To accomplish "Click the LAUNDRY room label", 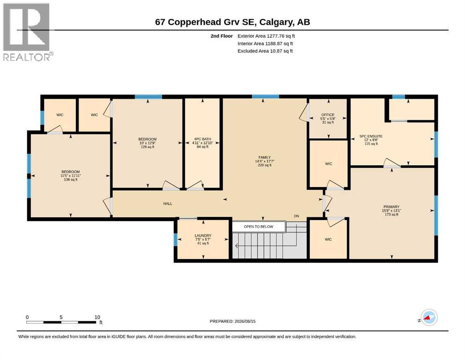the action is tap(203, 235).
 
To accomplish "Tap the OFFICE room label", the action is tap(328, 115).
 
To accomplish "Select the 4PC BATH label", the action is tap(203, 139).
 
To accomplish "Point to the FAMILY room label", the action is tap(265, 157).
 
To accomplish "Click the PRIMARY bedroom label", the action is tap(391, 207).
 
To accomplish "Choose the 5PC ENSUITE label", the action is tap(371, 136).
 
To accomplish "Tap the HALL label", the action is tap(168, 203).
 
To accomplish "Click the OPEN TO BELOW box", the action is tap(258, 227).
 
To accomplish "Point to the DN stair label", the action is tap(296, 216).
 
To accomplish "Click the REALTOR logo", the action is tap(28, 32).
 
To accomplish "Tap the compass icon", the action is tap(429, 317).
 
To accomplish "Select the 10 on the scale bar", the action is tap(97, 317).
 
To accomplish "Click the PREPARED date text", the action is tap(232, 321).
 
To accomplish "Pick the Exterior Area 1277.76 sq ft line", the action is tap(266, 36).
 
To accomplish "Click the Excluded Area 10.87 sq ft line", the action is tap(265, 51).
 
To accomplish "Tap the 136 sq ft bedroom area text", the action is tap(71, 179).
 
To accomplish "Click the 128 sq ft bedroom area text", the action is tap(148, 147).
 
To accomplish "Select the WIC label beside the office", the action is tap(329, 164).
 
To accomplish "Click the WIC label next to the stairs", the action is tap(328, 239).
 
